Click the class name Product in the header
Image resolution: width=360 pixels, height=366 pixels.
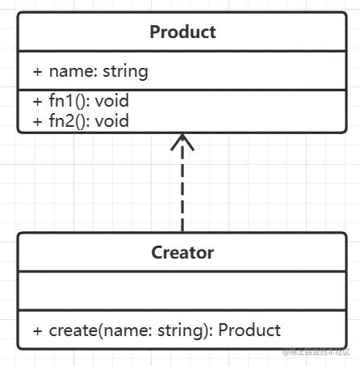[x=182, y=32]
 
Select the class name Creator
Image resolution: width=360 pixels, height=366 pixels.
[x=182, y=252]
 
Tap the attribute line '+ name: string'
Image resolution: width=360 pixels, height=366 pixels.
[x=90, y=71]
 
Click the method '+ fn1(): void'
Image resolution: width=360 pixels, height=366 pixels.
[x=81, y=102]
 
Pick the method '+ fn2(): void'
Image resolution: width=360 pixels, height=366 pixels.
[x=81, y=121]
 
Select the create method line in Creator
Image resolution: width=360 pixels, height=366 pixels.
[x=157, y=330]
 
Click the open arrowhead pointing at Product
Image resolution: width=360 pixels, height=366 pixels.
[x=183, y=144]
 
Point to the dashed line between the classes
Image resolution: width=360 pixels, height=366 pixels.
[x=183, y=194]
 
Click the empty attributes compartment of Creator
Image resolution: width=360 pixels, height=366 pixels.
[x=182, y=291]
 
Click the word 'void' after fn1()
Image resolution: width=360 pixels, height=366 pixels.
[x=113, y=102]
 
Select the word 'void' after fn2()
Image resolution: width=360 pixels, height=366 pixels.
[x=113, y=121]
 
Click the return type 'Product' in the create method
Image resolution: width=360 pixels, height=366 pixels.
[x=249, y=330]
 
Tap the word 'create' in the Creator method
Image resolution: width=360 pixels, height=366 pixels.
[x=71, y=330]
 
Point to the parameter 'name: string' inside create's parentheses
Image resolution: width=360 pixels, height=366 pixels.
[x=153, y=330]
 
